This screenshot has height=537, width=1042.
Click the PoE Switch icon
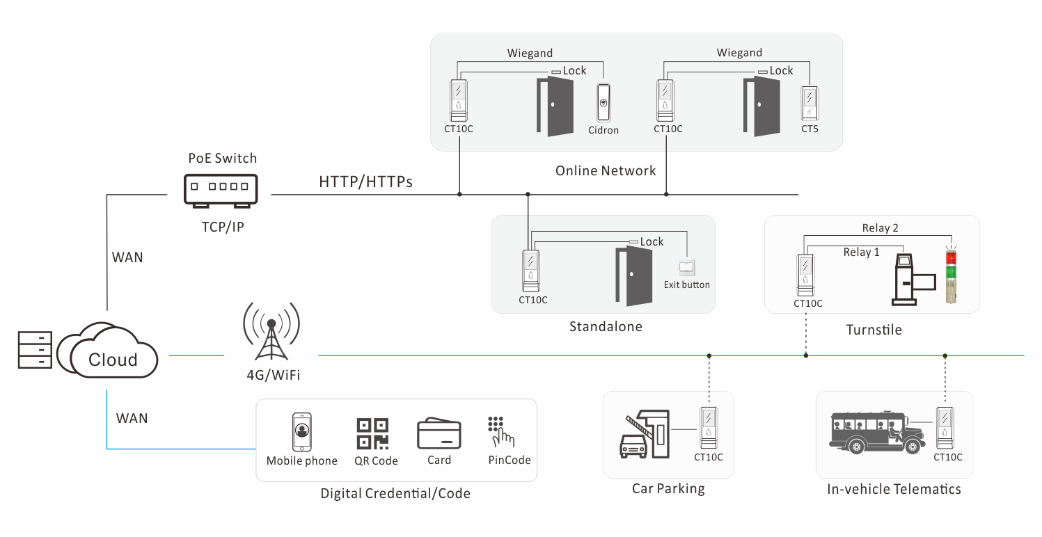click(x=221, y=189)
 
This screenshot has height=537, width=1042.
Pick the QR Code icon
click(x=372, y=434)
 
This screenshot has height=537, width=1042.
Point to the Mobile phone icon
click(x=301, y=433)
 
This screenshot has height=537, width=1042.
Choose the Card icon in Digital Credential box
click(x=439, y=433)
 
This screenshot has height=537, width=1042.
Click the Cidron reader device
click(x=603, y=105)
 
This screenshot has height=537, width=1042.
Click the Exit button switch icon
click(x=687, y=266)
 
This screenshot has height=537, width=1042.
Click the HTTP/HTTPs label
click(x=365, y=182)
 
